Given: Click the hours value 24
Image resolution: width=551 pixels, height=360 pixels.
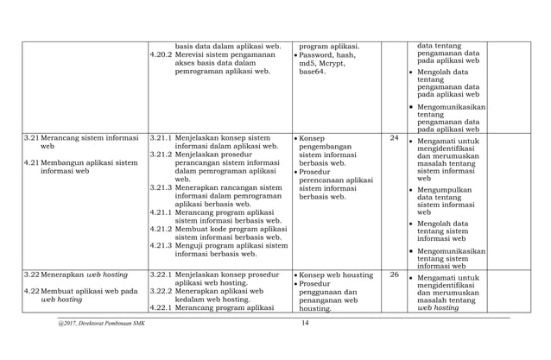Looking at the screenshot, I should coord(394,137).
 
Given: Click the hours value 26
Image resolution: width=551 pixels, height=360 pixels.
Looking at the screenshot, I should coord(394,275).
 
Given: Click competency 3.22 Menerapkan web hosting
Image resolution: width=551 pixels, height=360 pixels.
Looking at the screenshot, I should coord(76,275).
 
